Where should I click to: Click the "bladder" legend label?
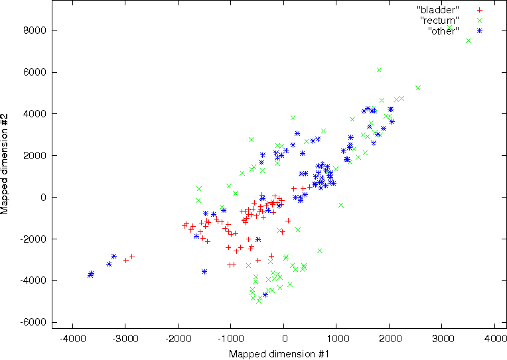(438, 10)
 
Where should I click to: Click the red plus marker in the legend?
(479, 10)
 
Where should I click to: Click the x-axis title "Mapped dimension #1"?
(279, 354)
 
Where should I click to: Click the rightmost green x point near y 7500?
(469, 40)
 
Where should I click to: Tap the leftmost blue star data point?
(90, 274)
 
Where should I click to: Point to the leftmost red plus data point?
(126, 260)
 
